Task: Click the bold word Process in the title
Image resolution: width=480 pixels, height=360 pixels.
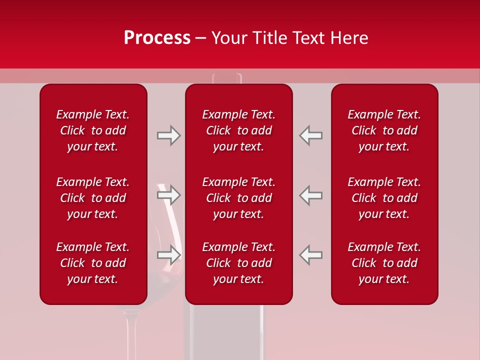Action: tap(157, 38)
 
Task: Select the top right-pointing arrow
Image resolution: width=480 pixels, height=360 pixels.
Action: tap(168, 135)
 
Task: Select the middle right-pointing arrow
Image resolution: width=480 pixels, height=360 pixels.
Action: tap(168, 195)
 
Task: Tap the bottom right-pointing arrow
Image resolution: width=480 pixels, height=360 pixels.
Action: tap(168, 254)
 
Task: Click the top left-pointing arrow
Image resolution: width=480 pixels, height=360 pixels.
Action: tap(311, 135)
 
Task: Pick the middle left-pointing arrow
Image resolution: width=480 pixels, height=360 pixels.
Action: tap(311, 195)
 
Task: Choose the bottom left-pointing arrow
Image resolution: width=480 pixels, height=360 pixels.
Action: tap(311, 254)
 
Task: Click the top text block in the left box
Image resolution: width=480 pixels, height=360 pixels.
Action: tap(93, 130)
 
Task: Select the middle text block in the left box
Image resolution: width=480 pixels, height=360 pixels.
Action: tap(93, 198)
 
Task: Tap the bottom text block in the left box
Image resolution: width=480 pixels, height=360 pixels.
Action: tap(93, 263)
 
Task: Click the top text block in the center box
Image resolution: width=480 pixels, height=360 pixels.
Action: tap(239, 130)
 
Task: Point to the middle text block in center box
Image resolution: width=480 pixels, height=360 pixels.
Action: tap(239, 198)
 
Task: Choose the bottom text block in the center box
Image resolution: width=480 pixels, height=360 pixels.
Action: tap(239, 263)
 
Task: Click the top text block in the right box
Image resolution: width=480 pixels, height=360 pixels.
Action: tap(384, 130)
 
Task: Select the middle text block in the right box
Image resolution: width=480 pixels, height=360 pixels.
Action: tap(384, 198)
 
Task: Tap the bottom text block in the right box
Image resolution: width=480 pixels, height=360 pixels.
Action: tap(384, 263)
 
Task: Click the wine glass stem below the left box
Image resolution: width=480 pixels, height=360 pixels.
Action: tap(131, 332)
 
